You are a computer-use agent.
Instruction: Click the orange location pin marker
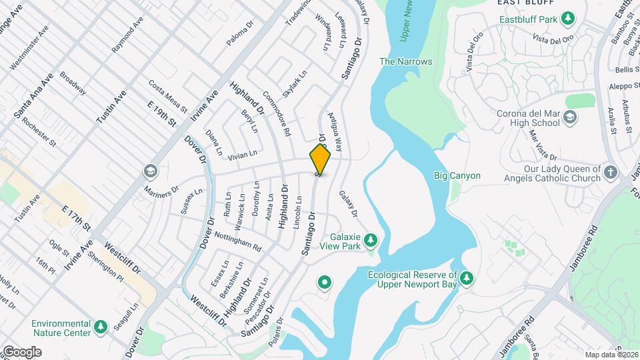pos(320,160)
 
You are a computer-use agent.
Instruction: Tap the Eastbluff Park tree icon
pos(567,19)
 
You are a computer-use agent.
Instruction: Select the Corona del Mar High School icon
pos(570,118)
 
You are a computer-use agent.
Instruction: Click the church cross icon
pos(611,174)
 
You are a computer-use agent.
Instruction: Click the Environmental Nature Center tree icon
pos(100,327)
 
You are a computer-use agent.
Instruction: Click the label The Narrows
pos(405,62)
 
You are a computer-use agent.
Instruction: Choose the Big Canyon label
pos(457,176)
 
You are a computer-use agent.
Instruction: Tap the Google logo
pos(22,352)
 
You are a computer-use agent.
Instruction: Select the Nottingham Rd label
pos(237,241)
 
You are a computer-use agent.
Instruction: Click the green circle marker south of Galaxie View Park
pos(325,283)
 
